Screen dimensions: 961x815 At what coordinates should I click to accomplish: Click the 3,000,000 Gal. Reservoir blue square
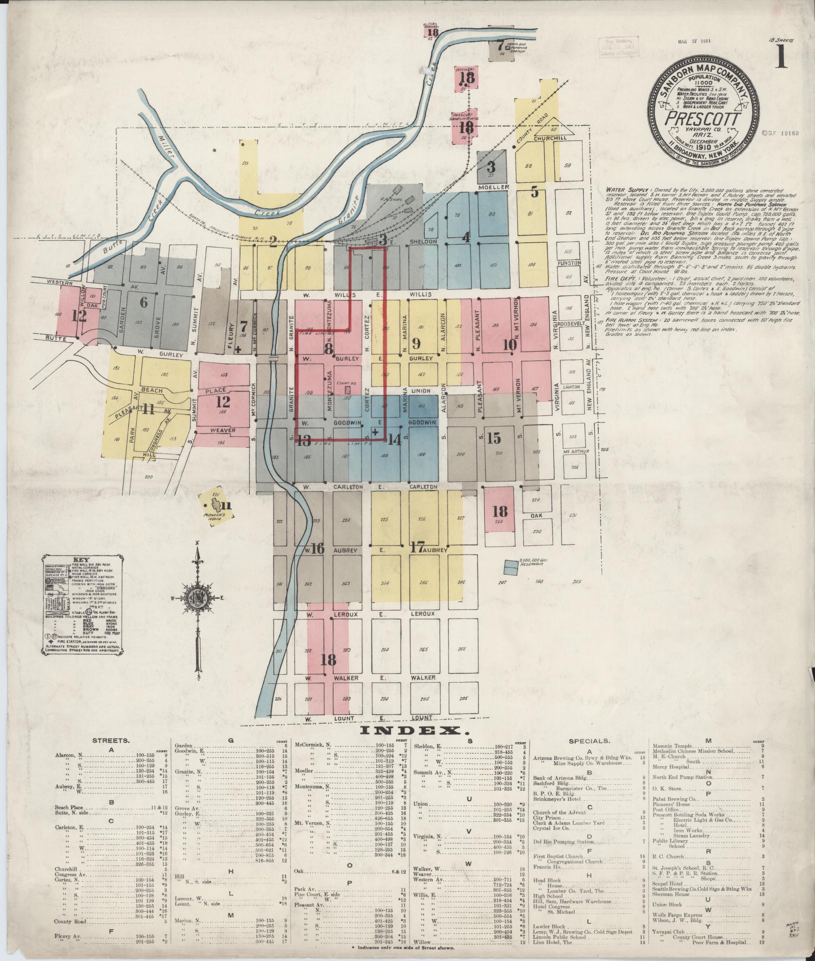coord(511,567)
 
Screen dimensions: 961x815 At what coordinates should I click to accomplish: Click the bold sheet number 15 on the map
coord(494,438)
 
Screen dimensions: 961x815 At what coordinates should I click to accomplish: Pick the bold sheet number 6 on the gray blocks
coord(144,302)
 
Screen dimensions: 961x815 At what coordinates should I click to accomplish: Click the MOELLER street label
coord(493,187)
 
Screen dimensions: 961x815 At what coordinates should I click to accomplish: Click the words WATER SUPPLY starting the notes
coord(626,191)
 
